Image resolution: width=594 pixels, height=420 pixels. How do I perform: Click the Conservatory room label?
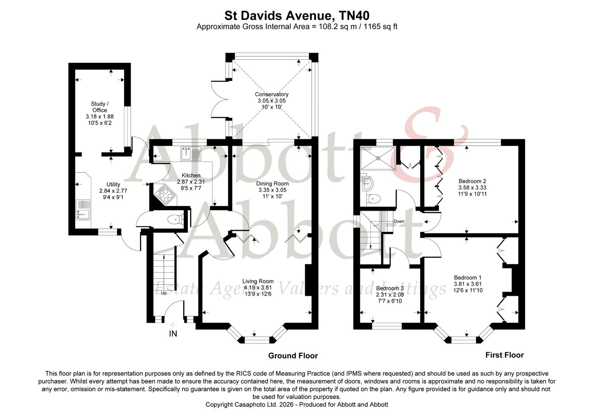[272, 94]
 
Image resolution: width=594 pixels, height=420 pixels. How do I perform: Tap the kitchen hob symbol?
[165, 194]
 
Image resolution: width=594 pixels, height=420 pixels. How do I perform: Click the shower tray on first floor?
[378, 158]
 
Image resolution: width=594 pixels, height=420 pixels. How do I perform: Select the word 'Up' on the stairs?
[164, 293]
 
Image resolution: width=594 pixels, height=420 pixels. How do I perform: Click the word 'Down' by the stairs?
[399, 221]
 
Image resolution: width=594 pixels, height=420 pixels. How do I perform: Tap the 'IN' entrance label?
[173, 334]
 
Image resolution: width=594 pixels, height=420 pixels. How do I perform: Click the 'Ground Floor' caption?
[293, 356]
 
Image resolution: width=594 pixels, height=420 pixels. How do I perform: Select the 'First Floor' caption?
[504, 355]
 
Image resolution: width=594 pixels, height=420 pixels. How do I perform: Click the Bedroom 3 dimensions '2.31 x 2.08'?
[390, 294]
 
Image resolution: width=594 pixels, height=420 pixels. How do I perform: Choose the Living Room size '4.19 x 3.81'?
[258, 288]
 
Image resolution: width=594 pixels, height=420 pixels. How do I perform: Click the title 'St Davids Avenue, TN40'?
[297, 16]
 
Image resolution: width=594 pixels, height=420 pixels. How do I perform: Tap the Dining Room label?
[272, 184]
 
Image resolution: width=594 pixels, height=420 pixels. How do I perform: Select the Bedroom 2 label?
[472, 181]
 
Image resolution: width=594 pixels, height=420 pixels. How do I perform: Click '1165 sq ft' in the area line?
[380, 27]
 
